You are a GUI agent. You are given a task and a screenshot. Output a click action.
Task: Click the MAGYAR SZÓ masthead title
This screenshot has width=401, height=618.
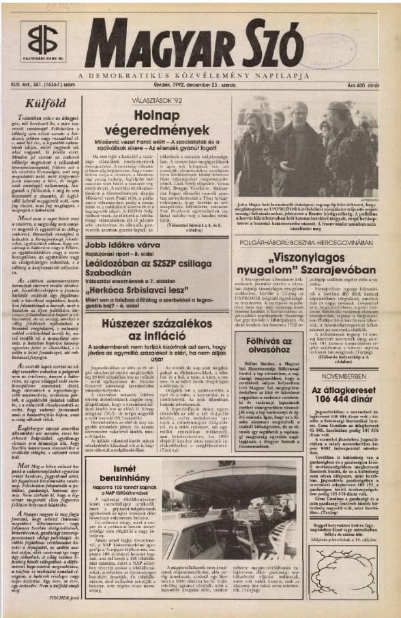coord(194,43)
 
